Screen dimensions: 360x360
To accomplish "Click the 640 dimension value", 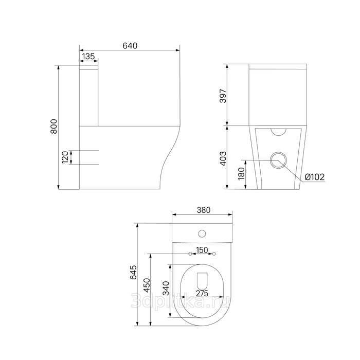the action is click(x=130, y=46).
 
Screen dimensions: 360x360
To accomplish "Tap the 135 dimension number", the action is click(x=88, y=56).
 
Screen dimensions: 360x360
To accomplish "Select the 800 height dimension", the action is click(x=53, y=127).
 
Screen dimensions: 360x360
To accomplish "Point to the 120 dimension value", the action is click(x=65, y=157).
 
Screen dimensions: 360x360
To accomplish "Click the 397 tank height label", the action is click(x=223, y=96).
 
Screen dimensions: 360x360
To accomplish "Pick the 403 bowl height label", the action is click(x=223, y=158).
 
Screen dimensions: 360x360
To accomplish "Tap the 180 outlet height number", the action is click(x=241, y=173).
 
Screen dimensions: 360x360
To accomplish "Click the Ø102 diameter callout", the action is click(x=315, y=177).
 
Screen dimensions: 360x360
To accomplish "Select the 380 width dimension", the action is click(x=204, y=210).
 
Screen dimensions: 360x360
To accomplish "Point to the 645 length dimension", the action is click(x=133, y=272).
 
